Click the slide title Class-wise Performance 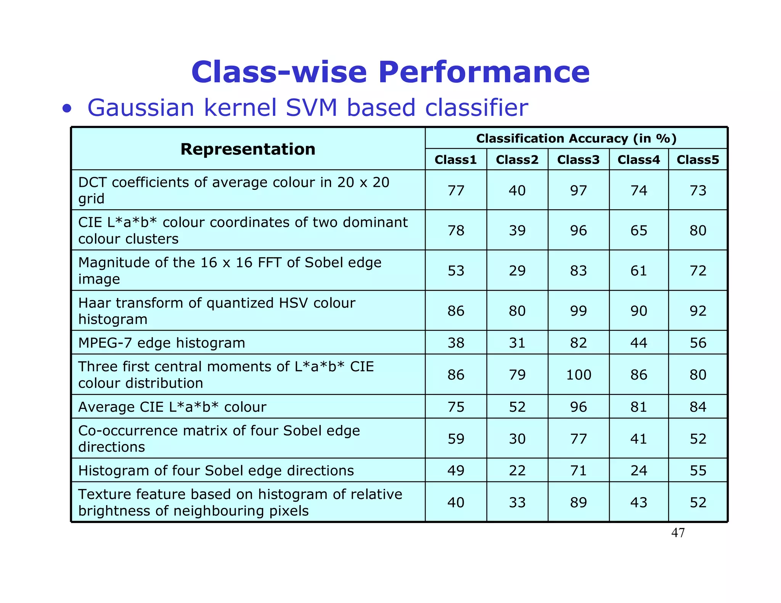pyautogui.click(x=390, y=72)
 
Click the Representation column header pyautogui.click(x=248, y=149)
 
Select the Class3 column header pyautogui.click(x=578, y=160)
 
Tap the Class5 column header pyautogui.click(x=697, y=160)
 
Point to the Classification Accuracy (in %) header pyautogui.click(x=576, y=138)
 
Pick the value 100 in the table pyautogui.click(x=579, y=375)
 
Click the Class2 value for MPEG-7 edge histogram pyautogui.click(x=517, y=343)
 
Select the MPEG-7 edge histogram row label pyautogui.click(x=162, y=343)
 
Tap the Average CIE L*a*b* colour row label pyautogui.click(x=172, y=407)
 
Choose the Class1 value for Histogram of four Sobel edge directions pyautogui.click(x=456, y=470)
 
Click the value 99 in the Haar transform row pyautogui.click(x=579, y=311)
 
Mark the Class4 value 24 pyautogui.click(x=639, y=470)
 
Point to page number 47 pyautogui.click(x=678, y=532)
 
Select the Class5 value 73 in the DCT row pyautogui.click(x=698, y=190)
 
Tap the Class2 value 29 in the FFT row pyautogui.click(x=517, y=271)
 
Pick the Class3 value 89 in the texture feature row pyautogui.click(x=579, y=502)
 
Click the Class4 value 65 pyautogui.click(x=639, y=230)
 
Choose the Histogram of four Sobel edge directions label pyautogui.click(x=216, y=470)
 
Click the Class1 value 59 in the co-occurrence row pyautogui.click(x=456, y=439)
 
